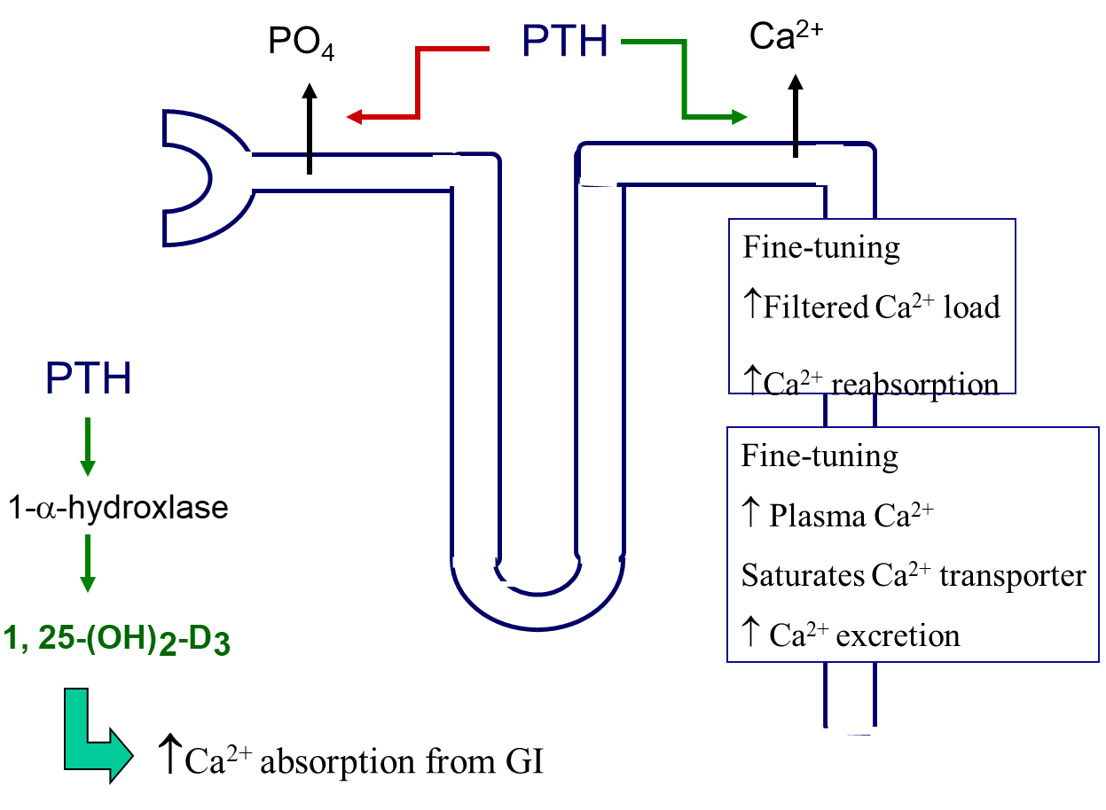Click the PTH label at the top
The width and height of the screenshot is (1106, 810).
[x=565, y=42]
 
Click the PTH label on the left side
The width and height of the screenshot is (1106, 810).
[x=89, y=378]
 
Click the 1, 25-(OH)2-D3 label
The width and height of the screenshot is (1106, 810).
[x=117, y=640]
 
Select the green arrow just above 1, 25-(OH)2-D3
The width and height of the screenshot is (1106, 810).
[x=87, y=563]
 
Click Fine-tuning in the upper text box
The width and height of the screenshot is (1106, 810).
[x=821, y=247]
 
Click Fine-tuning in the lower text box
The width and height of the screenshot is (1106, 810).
[x=820, y=456]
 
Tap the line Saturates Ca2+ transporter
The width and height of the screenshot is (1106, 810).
[x=914, y=575]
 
